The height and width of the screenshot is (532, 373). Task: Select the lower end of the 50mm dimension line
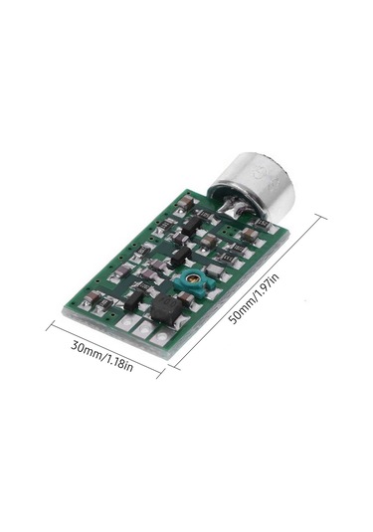(172, 365)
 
